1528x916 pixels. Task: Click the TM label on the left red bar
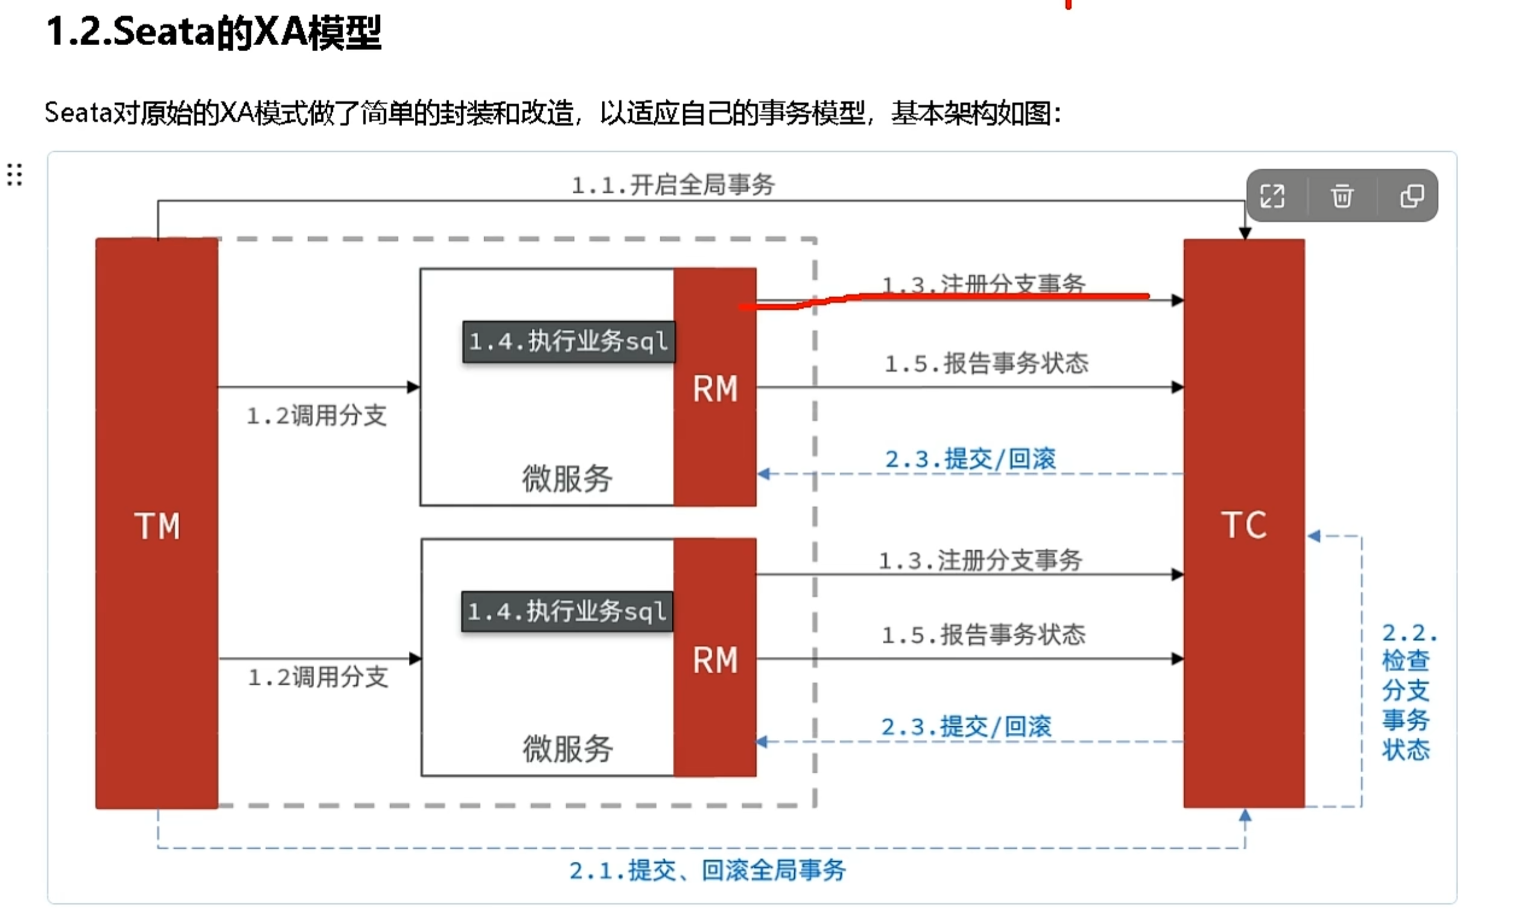pos(157,526)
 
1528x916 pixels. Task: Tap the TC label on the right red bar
pos(1243,525)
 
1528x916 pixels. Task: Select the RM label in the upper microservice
pos(715,389)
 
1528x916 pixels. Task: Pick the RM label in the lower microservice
pos(715,660)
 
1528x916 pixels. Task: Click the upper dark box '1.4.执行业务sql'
pos(568,341)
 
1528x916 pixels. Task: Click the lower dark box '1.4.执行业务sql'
pos(567,612)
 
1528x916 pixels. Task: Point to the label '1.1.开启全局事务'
pos(672,184)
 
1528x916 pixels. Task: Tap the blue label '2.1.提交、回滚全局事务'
pos(707,870)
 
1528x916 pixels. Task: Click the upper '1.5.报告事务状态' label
pos(987,363)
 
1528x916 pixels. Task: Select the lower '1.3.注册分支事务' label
pos(980,560)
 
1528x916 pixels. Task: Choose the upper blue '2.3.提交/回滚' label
pos(970,459)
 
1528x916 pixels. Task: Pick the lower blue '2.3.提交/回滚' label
pos(966,727)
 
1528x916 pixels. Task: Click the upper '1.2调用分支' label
pos(317,415)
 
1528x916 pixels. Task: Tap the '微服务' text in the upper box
pos(567,478)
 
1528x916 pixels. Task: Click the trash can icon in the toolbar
pos(1342,196)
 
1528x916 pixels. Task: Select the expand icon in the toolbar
pos(1272,196)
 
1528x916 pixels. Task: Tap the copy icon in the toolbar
pos(1411,196)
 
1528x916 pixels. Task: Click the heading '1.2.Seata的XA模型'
pos(213,32)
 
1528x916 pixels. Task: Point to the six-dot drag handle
pos(15,175)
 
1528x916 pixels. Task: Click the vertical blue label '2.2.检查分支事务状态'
pos(1406,691)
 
